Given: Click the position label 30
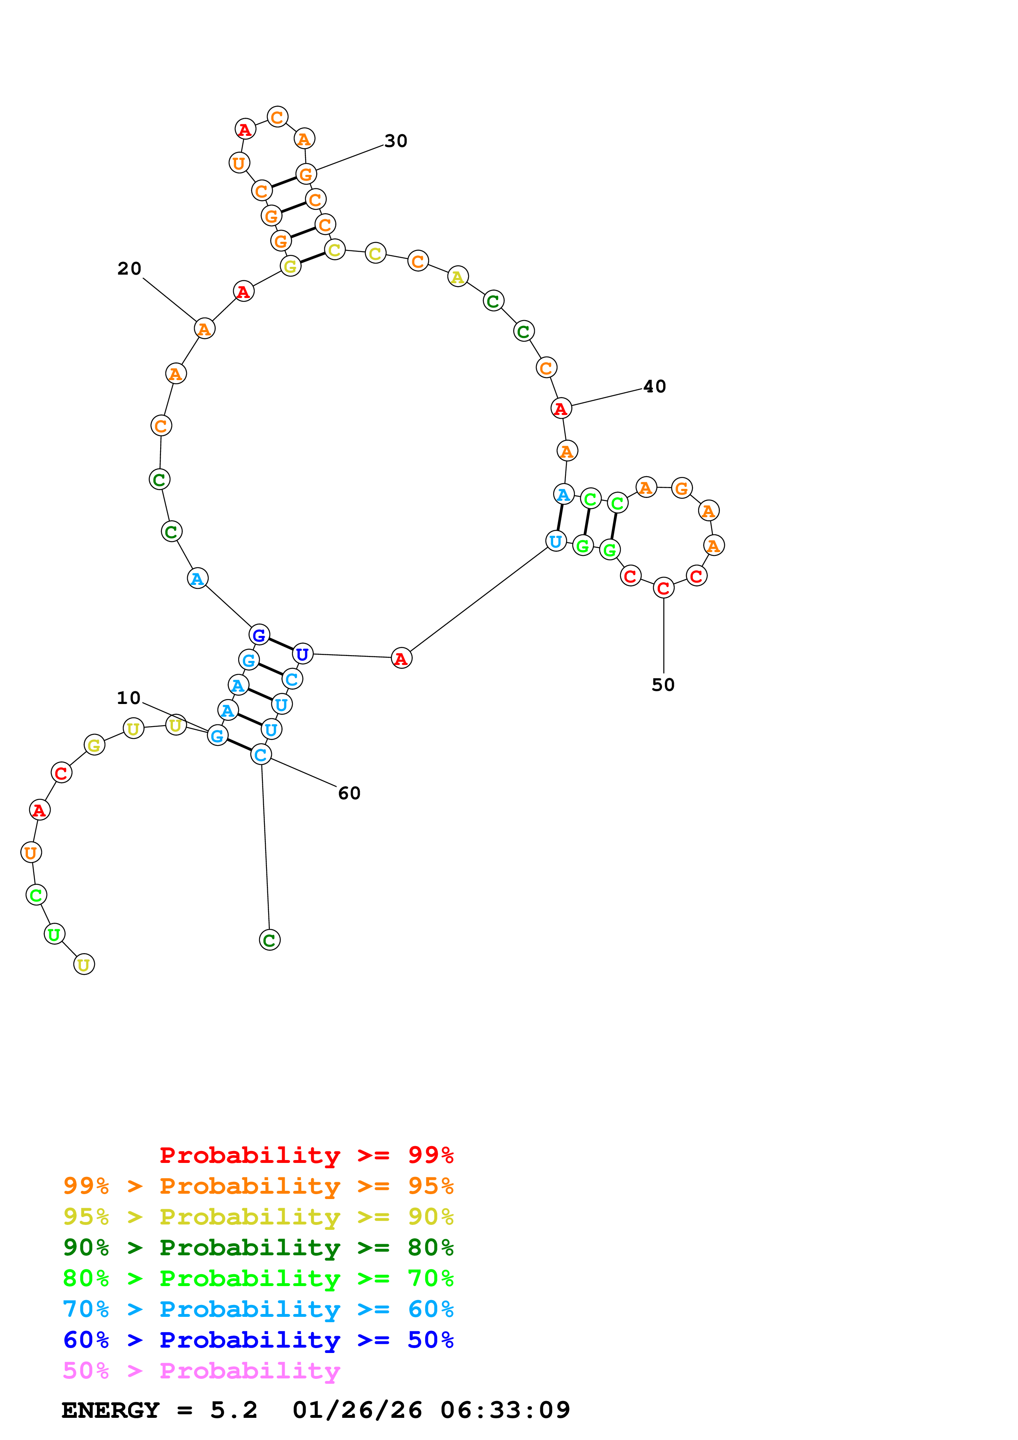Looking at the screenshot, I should click(x=396, y=141).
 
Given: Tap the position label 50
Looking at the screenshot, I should click(x=663, y=685).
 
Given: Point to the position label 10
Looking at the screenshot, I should click(x=129, y=698).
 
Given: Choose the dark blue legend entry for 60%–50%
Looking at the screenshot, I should click(x=258, y=1340).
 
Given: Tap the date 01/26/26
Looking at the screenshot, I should click(x=357, y=1410).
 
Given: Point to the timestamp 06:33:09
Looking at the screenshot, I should click(x=505, y=1410).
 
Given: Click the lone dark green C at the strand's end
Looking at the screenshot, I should click(x=270, y=940).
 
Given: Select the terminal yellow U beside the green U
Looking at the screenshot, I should click(x=84, y=965).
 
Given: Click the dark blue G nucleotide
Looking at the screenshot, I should click(x=259, y=635).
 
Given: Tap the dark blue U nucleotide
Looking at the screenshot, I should click(x=302, y=654).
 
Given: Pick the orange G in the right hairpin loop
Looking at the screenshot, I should click(x=682, y=488).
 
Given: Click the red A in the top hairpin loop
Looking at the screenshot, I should click(x=245, y=129).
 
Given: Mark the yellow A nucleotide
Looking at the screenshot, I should click(x=458, y=277).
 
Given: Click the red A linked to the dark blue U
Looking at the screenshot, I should click(x=402, y=658).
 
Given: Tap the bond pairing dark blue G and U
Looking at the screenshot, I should click(x=281, y=645).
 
